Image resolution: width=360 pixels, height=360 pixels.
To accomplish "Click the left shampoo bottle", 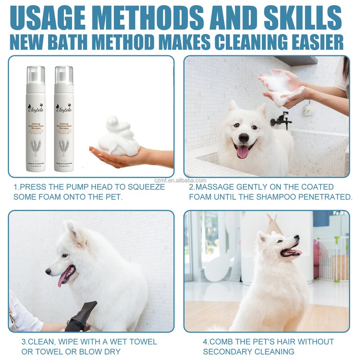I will (x=36, y=119).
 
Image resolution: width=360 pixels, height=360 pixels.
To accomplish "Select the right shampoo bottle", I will (x=64, y=119).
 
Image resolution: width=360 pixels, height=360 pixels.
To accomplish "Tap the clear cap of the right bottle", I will (x=64, y=75).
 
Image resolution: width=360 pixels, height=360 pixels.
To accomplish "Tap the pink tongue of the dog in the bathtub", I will (x=243, y=152).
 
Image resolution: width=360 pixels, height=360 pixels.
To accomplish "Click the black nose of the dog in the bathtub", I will (x=244, y=138).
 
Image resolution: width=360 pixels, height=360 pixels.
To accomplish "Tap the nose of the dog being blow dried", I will (x=48, y=272).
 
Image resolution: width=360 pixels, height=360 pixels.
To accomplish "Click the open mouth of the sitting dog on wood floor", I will (x=290, y=252).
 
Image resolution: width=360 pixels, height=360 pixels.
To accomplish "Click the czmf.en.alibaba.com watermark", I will (x=180, y=180).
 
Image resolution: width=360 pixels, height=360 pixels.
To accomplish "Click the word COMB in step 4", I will (x=224, y=342).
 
